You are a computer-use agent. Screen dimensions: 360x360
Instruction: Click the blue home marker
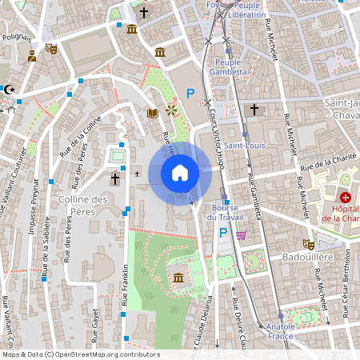180,173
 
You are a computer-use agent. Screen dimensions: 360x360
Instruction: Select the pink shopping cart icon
241,234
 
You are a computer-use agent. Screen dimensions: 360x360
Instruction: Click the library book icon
152,113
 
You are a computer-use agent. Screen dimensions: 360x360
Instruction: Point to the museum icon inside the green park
177,278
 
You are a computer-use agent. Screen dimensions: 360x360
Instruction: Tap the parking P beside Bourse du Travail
222,234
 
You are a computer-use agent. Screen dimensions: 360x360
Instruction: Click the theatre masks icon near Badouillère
307,243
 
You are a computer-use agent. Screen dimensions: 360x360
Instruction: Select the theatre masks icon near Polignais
52,48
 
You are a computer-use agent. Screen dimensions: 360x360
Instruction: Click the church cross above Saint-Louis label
254,109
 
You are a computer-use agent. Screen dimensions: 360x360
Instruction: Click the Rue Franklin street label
125,286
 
